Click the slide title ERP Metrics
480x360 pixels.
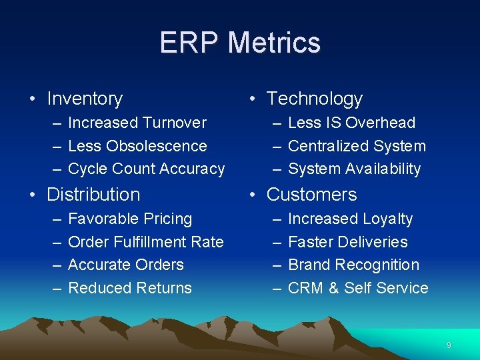tap(240, 43)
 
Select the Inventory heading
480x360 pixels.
tap(85, 99)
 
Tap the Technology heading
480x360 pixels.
tap(314, 99)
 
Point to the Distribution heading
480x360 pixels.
tap(93, 195)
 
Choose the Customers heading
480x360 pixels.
tap(311, 195)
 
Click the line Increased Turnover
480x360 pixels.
tap(137, 123)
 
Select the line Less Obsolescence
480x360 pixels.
tap(137, 146)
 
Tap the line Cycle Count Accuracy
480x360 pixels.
tap(146, 169)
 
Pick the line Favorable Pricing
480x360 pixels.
tap(130, 219)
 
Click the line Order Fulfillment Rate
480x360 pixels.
tap(145, 242)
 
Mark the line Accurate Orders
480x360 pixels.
tap(125, 265)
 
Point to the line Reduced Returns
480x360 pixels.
tap(130, 288)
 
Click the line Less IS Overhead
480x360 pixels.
tap(351, 123)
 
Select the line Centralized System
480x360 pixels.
tap(357, 146)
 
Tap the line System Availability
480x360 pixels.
tap(354, 169)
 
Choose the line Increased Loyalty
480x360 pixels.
tap(350, 219)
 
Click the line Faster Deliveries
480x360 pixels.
tap(347, 242)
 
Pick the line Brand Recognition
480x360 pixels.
tap(353, 265)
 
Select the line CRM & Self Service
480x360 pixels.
tap(358, 288)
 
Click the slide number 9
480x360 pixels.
tap(449, 345)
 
